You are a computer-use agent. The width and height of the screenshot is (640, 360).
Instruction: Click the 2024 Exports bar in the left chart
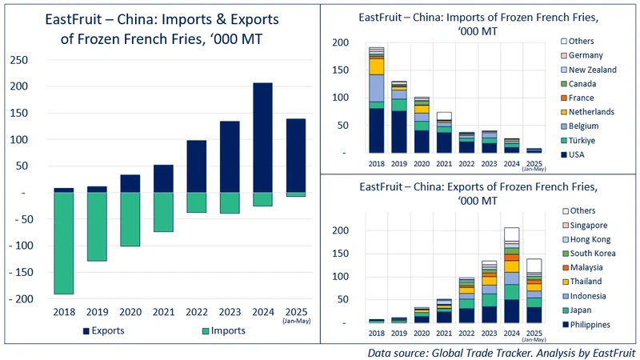point(262,138)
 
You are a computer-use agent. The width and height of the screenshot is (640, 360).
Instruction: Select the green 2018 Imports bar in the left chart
point(64,243)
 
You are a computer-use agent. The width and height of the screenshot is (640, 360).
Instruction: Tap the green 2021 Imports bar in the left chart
point(163,212)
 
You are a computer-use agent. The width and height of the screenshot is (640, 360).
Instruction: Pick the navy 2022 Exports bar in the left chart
point(197,166)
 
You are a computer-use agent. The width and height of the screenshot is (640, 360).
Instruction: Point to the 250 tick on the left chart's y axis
point(30,60)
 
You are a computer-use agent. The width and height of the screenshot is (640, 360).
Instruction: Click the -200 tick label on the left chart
point(27,298)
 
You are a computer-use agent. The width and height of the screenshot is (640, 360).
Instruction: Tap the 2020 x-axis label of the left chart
point(130,313)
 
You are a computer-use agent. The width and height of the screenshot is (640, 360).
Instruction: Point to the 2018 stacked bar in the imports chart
point(377,100)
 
